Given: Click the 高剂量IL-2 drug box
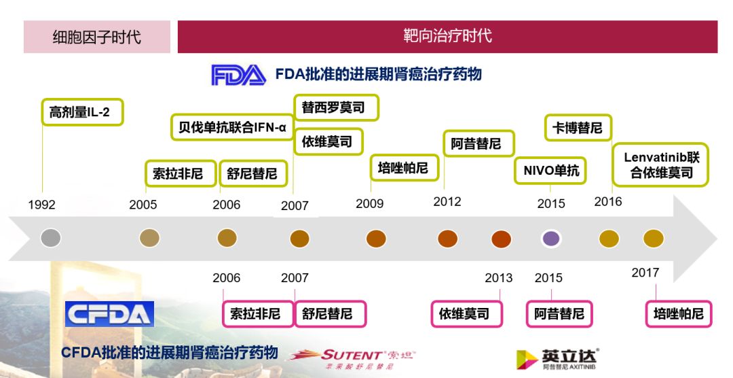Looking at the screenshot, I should [x=80, y=112].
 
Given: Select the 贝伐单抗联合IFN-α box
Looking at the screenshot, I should [x=232, y=127].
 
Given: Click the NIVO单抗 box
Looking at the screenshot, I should [x=550, y=171].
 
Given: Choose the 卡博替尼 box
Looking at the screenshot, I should [x=577, y=127].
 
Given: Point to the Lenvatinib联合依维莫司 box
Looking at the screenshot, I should [x=660, y=165].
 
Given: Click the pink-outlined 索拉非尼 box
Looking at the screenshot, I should [x=255, y=314].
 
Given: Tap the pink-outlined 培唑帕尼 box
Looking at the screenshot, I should [x=678, y=314].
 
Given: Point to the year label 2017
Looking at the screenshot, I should [x=645, y=273].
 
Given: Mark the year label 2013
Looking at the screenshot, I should [x=498, y=277].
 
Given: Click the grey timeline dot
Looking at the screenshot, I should [x=51, y=238].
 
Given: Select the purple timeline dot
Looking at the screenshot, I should [x=551, y=239].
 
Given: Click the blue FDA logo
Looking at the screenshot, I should [x=238, y=75].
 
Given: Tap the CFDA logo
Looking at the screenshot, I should [x=109, y=313].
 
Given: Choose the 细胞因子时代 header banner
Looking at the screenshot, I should [x=97, y=37].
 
